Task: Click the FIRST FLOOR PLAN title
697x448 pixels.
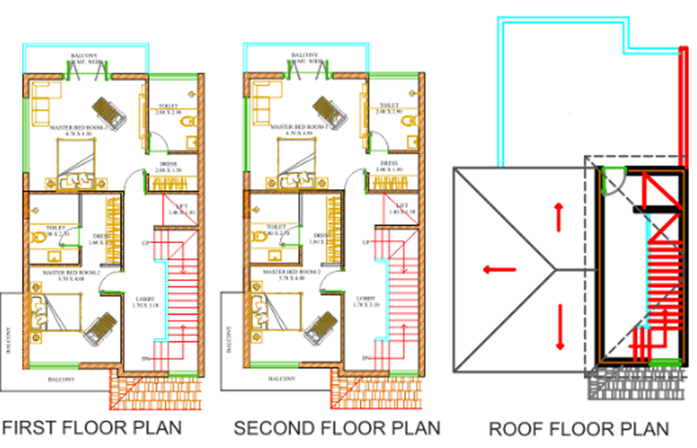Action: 92,428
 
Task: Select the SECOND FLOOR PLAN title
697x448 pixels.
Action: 337,428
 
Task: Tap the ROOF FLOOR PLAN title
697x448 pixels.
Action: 578,429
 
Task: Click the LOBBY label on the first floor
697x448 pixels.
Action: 143,299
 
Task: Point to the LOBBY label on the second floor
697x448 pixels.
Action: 364,299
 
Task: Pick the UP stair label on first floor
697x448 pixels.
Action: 145,242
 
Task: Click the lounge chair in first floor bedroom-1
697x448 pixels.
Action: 113,111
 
